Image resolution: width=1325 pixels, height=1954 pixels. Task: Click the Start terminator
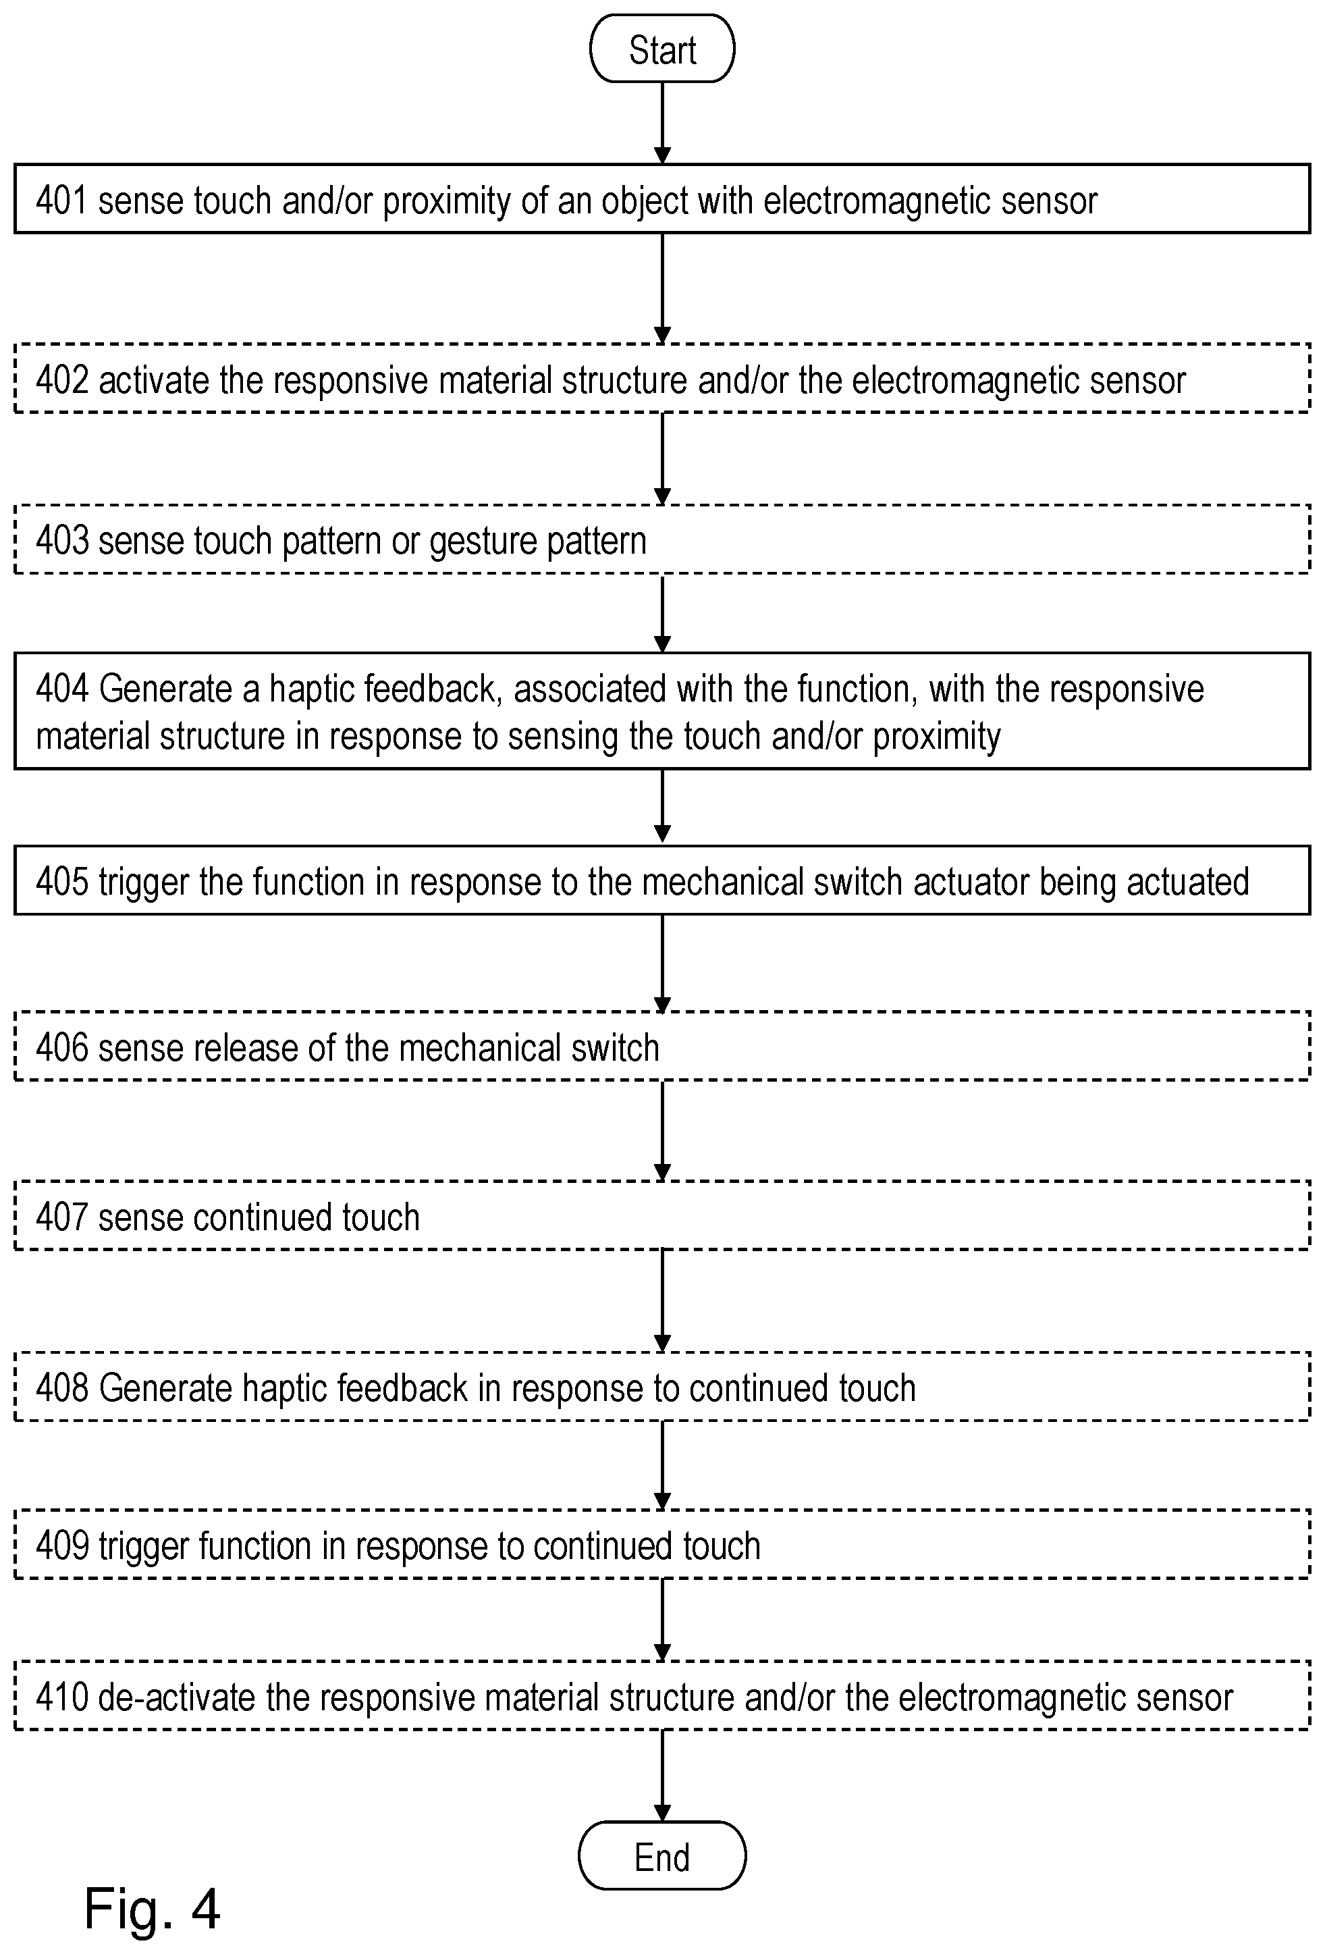click(663, 49)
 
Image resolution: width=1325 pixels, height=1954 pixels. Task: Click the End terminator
click(663, 1857)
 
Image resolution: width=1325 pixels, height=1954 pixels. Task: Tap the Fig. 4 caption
click(152, 1909)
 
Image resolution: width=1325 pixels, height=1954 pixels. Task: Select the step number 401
click(61, 201)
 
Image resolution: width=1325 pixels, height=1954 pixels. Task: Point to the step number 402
click(61, 380)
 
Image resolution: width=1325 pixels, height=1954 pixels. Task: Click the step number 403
click(61, 541)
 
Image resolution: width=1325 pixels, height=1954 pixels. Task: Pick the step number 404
click(61, 689)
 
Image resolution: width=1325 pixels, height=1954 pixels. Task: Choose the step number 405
click(61, 882)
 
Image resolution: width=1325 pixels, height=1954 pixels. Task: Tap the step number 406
click(61, 1048)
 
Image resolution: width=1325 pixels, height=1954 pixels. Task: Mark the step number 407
click(61, 1217)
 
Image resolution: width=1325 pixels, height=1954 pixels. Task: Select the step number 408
click(61, 1388)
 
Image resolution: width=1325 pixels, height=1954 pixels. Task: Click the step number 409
click(61, 1546)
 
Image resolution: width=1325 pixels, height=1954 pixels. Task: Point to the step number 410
click(61, 1697)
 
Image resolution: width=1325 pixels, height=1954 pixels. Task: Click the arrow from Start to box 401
click(663, 123)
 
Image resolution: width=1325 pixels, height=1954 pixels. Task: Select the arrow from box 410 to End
click(663, 1776)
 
